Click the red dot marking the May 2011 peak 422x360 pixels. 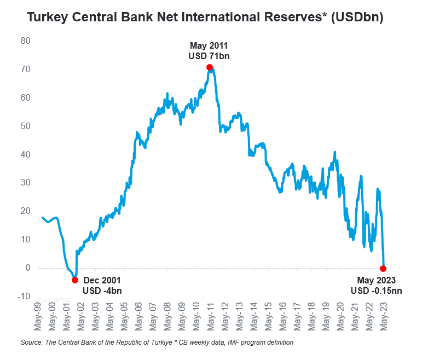coord(210,67)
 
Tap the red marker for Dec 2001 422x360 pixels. coord(75,280)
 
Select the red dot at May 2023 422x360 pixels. coord(383,269)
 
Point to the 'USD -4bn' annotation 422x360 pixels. coord(102,291)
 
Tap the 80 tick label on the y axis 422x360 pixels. coord(25,40)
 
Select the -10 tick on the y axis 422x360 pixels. coord(24,296)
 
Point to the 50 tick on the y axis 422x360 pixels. coord(25,126)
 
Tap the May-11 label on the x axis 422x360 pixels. coord(210,317)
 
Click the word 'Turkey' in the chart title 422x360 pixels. coord(46,18)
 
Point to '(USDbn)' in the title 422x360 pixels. coord(357,18)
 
